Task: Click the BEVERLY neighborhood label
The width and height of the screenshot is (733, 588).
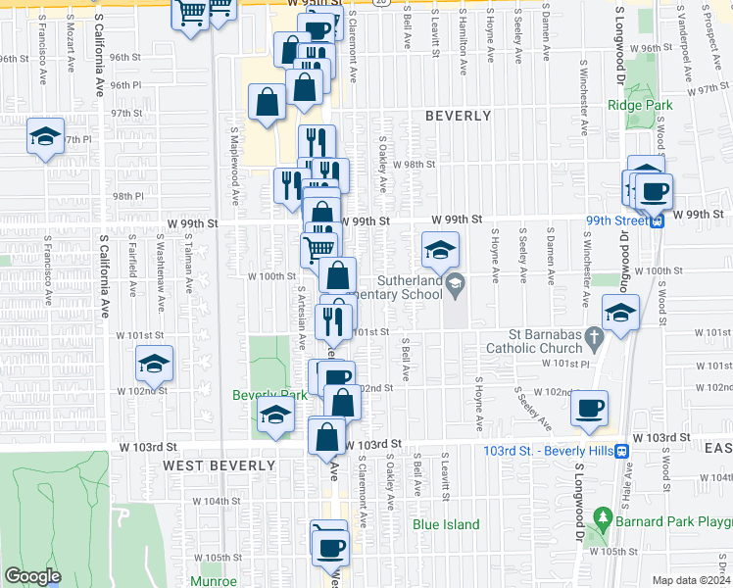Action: [458, 116]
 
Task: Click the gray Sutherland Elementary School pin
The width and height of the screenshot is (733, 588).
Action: [455, 285]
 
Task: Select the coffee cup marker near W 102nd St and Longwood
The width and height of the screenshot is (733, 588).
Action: [589, 408]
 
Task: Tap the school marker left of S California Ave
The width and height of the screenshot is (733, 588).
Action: [44, 137]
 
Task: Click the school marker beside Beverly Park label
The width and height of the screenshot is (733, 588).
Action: [275, 416]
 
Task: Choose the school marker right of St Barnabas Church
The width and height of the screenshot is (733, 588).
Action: [619, 314]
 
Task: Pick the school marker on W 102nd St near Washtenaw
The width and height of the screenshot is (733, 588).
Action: [153, 365]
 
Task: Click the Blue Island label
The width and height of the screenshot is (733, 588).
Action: [446, 524]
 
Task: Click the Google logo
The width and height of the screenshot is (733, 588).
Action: [32, 576]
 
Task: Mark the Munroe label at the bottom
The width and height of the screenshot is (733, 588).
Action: [213, 581]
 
